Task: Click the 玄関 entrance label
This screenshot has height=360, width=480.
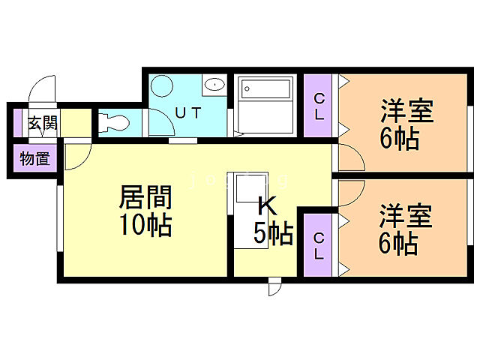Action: [43, 123]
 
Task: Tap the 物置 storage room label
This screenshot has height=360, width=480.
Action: [34, 159]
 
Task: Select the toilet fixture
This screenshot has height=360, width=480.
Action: [114, 122]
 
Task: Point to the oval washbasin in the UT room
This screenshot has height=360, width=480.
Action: [214, 84]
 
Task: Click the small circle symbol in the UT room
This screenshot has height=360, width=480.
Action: [164, 84]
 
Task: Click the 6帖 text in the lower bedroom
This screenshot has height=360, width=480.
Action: [398, 243]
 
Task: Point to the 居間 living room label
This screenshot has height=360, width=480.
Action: [145, 198]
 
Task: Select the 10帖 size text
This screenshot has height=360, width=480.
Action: [145, 225]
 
